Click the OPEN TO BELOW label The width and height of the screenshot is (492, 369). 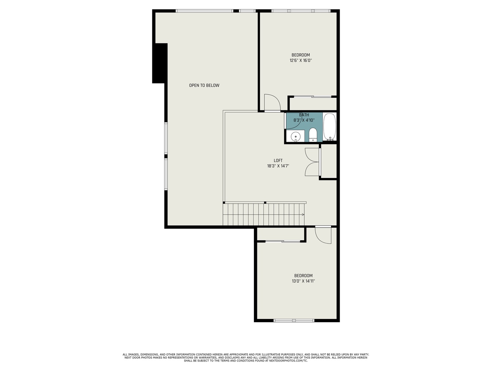coord(204,85)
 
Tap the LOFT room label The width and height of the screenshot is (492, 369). coord(278,161)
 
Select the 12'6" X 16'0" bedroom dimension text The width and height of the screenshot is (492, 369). coord(301,60)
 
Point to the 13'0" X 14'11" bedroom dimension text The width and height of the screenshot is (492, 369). coord(303,281)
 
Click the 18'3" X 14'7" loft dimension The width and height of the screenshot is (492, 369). coord(278,166)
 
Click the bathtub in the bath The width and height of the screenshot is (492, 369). coord(329,126)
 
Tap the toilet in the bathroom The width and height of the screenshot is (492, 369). coord(313,135)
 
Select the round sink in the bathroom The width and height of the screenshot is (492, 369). coord(295,137)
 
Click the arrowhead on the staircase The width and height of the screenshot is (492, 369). coord(303,215)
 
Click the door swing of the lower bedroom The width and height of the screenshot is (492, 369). coord(323,235)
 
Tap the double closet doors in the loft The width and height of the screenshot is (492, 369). coord(312,162)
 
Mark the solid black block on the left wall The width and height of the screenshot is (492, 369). coord(160,63)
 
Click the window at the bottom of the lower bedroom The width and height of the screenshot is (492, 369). coord(294,320)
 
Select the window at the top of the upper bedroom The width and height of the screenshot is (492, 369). coord(301,11)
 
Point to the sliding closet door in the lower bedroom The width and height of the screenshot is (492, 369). coord(283,242)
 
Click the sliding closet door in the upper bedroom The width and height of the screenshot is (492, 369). coord(312,97)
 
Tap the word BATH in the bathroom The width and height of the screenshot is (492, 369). coord(304,115)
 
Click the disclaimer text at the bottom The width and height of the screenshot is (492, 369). coord(246,357)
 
